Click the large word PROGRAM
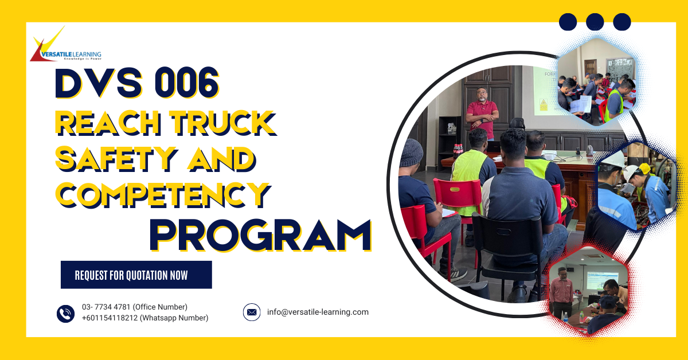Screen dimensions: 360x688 [x=261, y=235]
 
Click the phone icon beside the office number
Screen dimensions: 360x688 [x=65, y=313]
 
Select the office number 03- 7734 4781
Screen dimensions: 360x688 [x=135, y=307]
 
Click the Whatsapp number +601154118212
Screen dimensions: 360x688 [x=144, y=318]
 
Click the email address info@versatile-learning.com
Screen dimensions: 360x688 [x=318, y=312]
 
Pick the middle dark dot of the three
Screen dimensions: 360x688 [x=595, y=22]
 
